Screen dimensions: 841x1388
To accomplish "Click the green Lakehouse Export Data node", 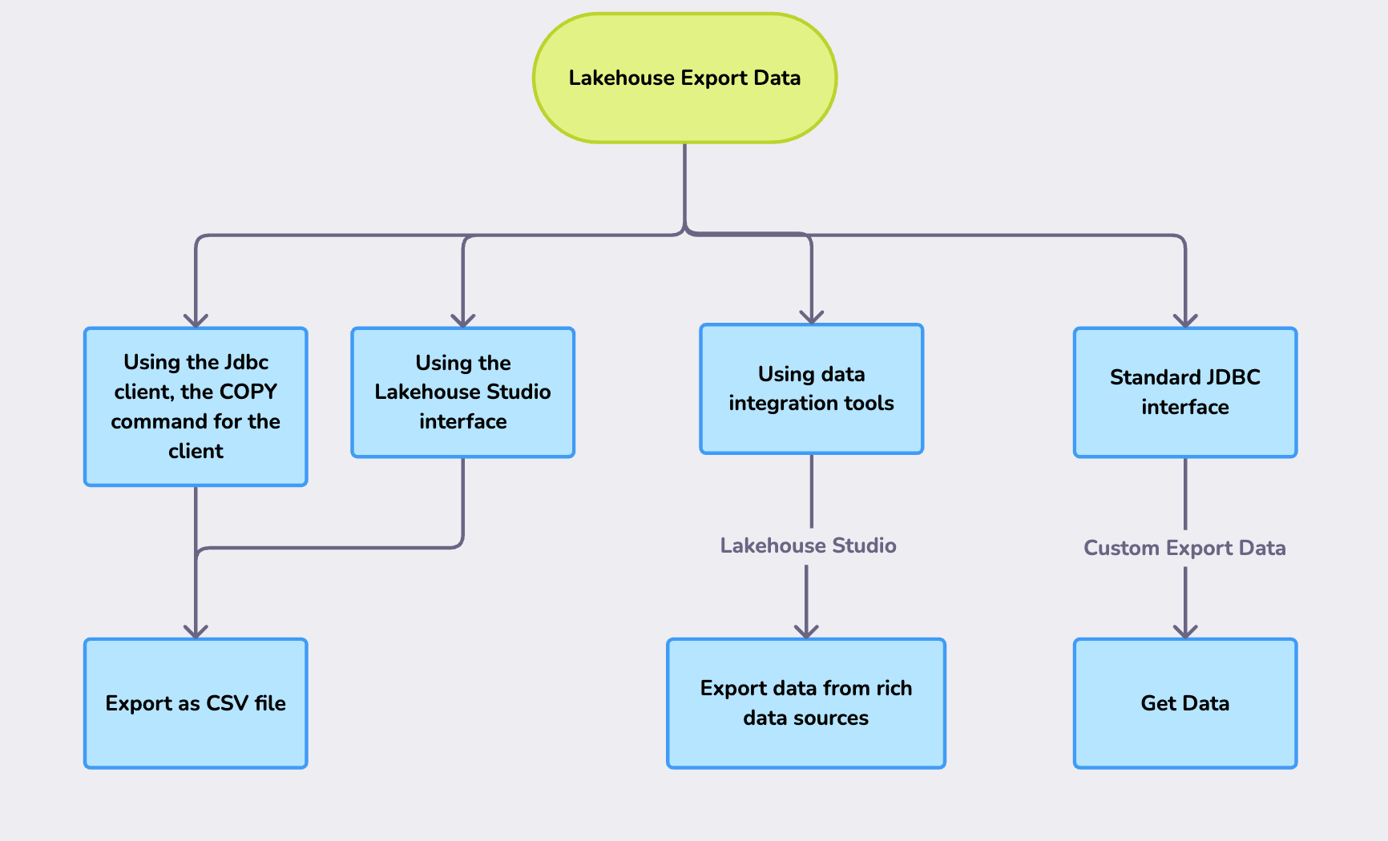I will click(684, 78).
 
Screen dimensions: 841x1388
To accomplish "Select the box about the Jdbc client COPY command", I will click(196, 406).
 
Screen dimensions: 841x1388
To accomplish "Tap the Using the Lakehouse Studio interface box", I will click(462, 392).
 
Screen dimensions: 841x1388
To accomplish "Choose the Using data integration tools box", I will click(811, 388).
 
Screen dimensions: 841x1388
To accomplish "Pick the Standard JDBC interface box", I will click(1184, 392).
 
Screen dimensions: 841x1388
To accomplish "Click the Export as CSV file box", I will click(196, 703).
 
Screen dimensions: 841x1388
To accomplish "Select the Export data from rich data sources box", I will click(805, 703).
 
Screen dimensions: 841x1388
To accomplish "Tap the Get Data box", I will click(1184, 703).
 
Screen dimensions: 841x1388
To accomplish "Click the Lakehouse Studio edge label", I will click(808, 545).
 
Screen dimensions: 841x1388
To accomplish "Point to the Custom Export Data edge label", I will click(1184, 548).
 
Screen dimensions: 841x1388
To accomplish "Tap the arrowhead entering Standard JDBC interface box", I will click(1185, 320).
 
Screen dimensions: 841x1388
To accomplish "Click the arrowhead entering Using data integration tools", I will click(812, 317).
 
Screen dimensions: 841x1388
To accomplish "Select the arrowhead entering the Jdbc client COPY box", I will click(196, 320).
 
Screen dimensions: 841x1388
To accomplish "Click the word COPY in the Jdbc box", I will click(248, 392).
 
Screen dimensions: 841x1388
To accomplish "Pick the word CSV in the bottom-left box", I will click(227, 703).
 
